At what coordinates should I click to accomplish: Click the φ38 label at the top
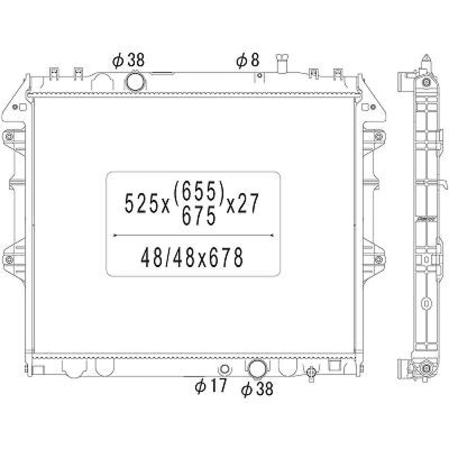click(x=128, y=61)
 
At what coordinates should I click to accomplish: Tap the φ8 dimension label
click(x=248, y=61)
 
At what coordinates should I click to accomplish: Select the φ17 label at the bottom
click(x=211, y=386)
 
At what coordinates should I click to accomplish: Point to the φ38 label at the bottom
click(x=257, y=389)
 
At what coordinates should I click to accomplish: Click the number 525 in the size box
click(x=141, y=203)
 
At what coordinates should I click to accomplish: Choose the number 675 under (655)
click(x=198, y=215)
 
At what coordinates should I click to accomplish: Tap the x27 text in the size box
click(x=242, y=203)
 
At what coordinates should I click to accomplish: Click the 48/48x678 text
click(x=192, y=257)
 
